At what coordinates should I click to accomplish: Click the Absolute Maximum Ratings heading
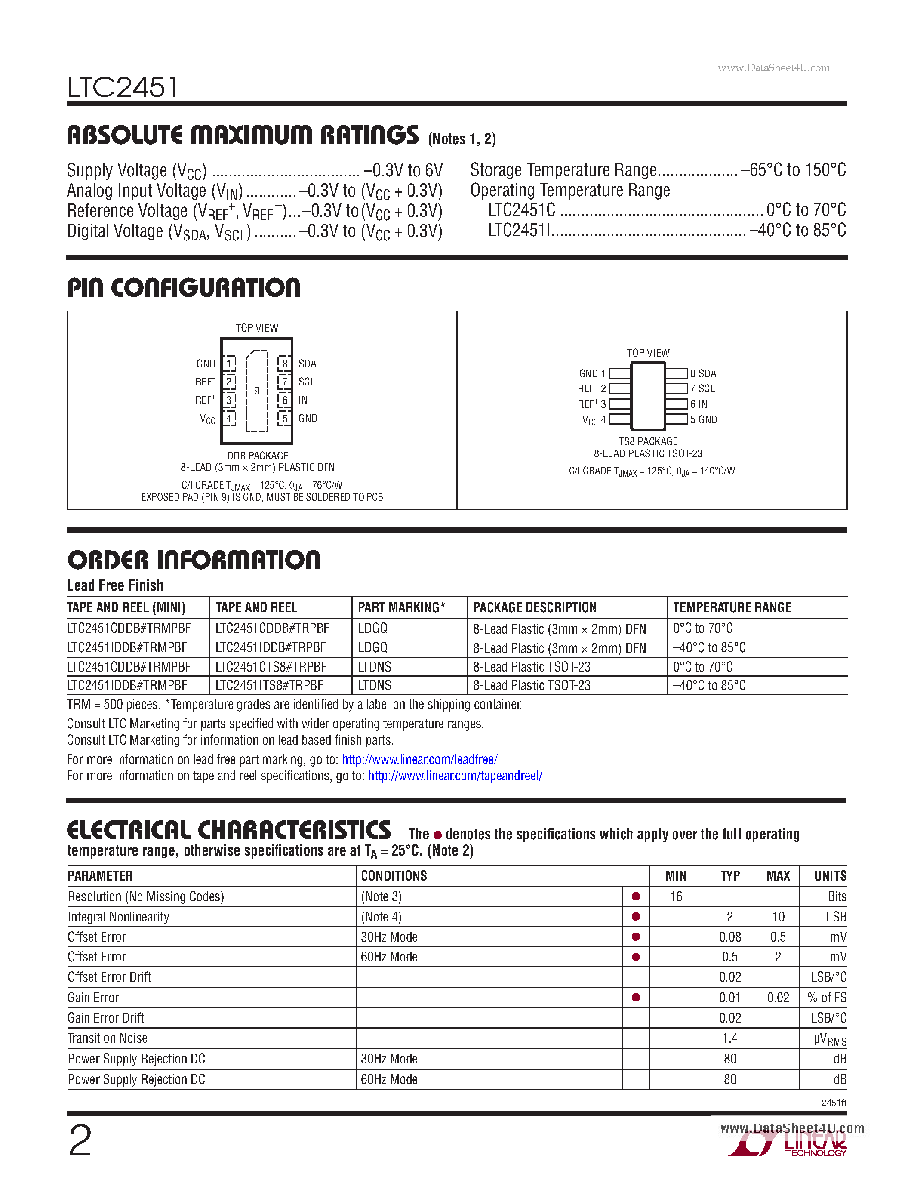[x=243, y=135]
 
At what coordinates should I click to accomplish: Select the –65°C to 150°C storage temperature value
[x=793, y=170]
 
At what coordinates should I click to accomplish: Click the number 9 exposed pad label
[x=257, y=391]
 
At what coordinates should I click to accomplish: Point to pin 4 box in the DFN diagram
[x=229, y=419]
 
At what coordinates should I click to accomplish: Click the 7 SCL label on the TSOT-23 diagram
[x=703, y=389]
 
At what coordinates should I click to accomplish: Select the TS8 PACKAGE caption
[x=648, y=441]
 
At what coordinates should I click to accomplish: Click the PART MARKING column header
[x=401, y=608]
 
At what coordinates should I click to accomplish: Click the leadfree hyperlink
[x=420, y=759]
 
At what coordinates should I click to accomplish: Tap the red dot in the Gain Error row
[x=636, y=997]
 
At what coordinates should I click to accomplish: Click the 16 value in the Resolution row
[x=676, y=897]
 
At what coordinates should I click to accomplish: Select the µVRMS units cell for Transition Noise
[x=830, y=1039]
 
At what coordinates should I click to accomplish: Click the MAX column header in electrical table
[x=778, y=876]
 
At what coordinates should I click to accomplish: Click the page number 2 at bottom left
[x=80, y=1141]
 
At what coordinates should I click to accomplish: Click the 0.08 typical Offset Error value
[x=730, y=937]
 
